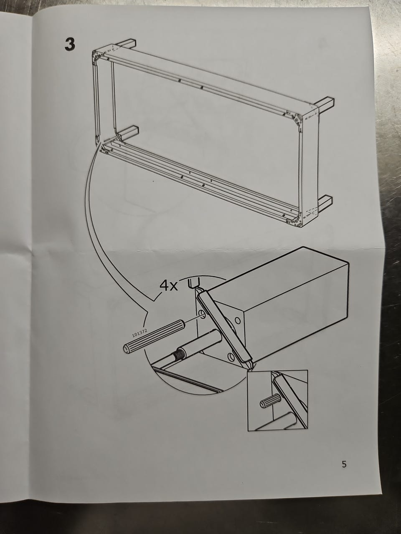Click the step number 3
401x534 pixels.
point(70,45)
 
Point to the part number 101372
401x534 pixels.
point(140,332)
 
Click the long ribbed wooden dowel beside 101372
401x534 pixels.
point(155,336)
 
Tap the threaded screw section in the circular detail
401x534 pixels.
point(180,355)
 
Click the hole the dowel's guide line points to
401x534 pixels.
point(202,315)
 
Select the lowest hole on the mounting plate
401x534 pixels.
point(231,356)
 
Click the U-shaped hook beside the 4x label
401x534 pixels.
point(194,283)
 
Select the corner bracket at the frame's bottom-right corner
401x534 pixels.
point(295,220)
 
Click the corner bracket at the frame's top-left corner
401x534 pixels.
point(97,56)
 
